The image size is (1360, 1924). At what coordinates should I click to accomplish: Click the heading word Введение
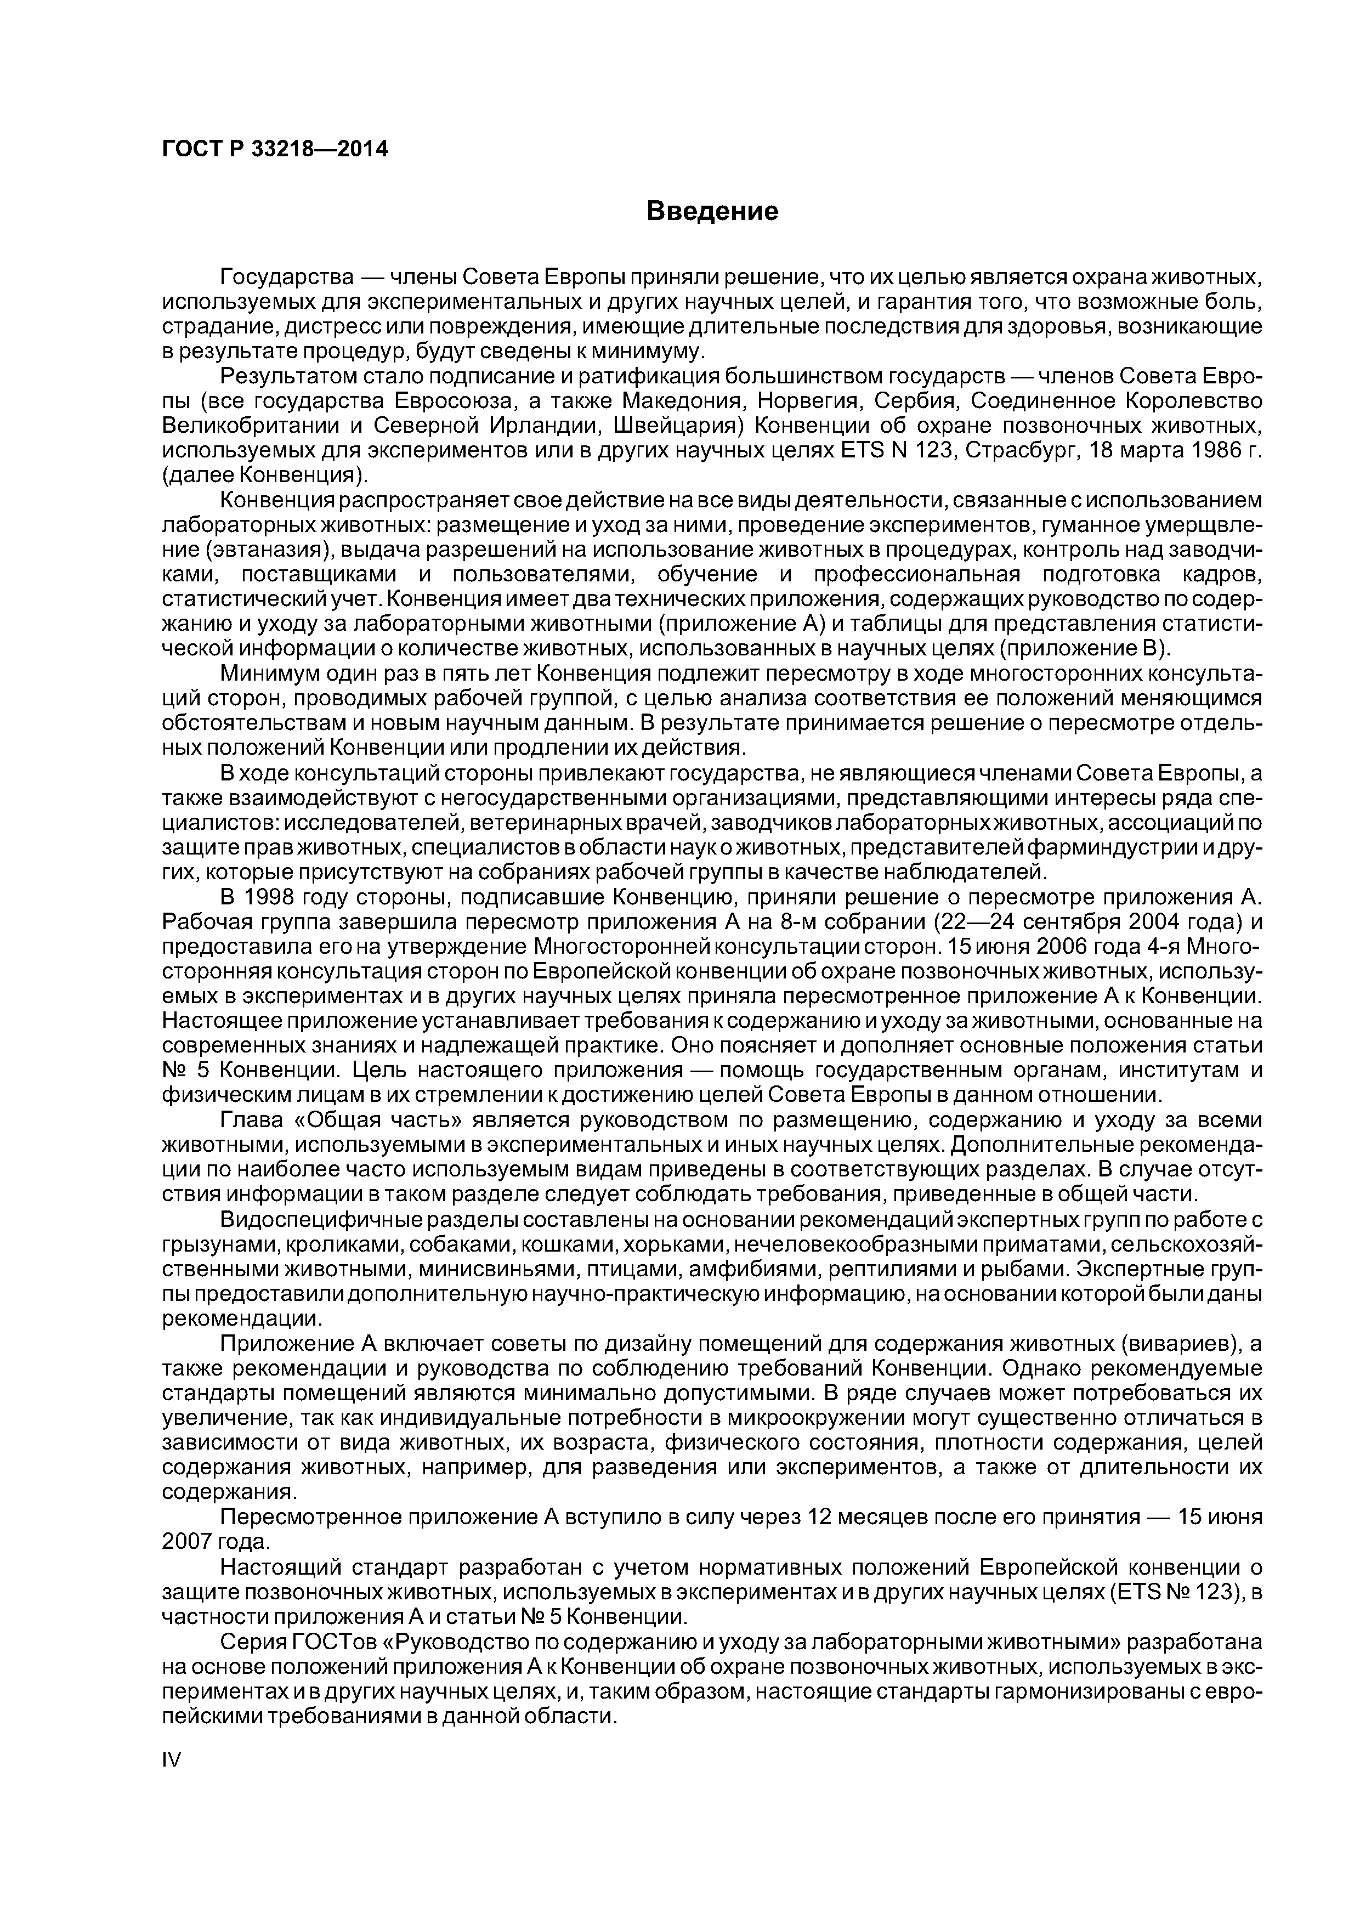tap(712, 211)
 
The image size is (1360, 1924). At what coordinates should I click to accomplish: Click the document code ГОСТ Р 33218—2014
tap(275, 150)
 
